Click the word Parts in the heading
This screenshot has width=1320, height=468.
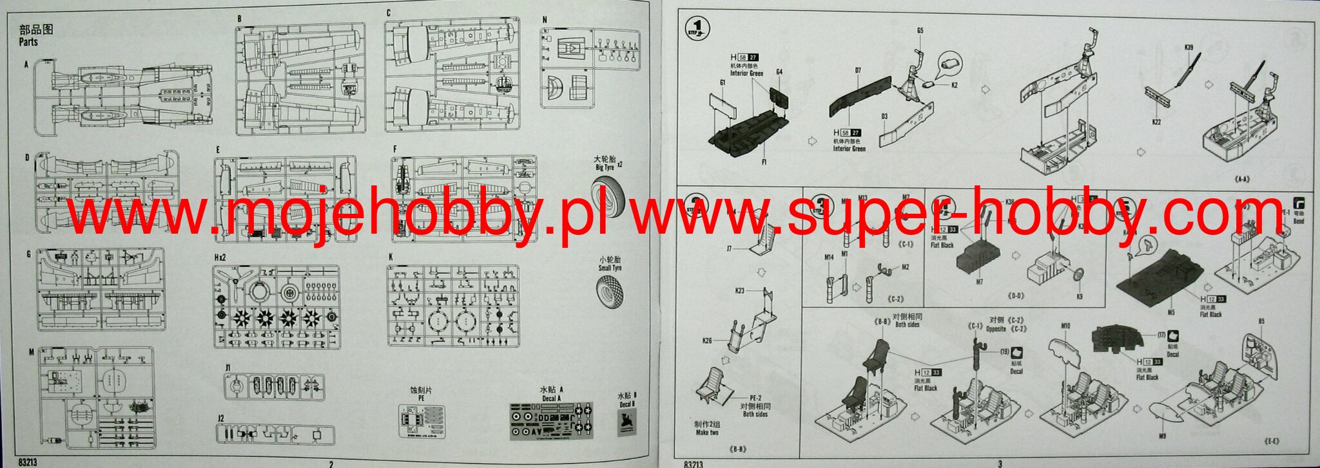pyautogui.click(x=28, y=42)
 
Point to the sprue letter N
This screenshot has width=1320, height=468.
pyautogui.click(x=545, y=20)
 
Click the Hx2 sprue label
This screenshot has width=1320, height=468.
pyautogui.click(x=220, y=257)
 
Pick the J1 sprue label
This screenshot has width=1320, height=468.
pyautogui.click(x=228, y=368)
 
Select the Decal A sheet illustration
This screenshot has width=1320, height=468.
pyautogui.click(x=551, y=421)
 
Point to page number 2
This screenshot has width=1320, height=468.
pyautogui.click(x=331, y=463)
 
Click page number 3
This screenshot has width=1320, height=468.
pyautogui.click(x=1000, y=463)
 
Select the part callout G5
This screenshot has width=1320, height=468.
pyautogui.click(x=920, y=30)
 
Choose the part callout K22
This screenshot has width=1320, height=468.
pyautogui.click(x=1156, y=121)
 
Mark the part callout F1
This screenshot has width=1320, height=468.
pyautogui.click(x=764, y=162)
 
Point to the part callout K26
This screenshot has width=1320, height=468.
pyautogui.click(x=707, y=340)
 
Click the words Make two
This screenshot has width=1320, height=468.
pyautogui.click(x=706, y=433)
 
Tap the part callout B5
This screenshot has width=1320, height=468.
pyautogui.click(x=1261, y=321)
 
